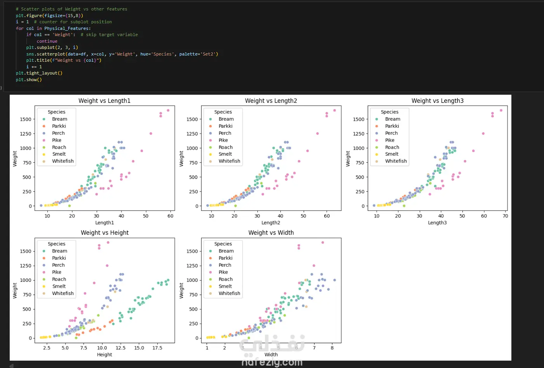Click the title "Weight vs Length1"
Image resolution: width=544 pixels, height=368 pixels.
[x=104, y=101]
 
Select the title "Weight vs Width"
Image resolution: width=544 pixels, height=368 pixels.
[x=271, y=233]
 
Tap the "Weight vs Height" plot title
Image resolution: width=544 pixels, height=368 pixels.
[x=104, y=233]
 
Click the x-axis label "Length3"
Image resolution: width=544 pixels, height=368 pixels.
[x=437, y=223]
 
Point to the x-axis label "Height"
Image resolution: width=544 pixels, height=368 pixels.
[x=104, y=355]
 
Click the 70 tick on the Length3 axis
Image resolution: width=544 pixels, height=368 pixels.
[x=505, y=216]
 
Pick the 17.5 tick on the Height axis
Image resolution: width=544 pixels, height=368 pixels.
[x=157, y=348]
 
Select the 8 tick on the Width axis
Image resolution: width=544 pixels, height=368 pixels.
[x=332, y=348]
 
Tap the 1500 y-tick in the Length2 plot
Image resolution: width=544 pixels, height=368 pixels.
[x=192, y=120]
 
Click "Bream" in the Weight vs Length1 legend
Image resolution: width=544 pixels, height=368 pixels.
[x=59, y=119]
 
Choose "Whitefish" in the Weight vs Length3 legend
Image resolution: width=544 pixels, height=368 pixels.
[x=396, y=161]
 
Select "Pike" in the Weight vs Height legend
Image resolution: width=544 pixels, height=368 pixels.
[x=57, y=272]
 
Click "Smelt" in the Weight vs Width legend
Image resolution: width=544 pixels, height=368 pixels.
[x=225, y=286]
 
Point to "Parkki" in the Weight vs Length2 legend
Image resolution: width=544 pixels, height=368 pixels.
[x=226, y=126]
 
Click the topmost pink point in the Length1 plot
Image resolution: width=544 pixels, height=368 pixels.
[x=168, y=110]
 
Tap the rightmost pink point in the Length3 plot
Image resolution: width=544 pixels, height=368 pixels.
[x=501, y=110]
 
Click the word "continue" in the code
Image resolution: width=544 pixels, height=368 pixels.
[x=47, y=41]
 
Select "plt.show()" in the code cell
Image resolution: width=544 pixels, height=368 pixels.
[x=29, y=80]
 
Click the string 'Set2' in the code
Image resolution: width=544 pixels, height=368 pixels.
[x=210, y=54]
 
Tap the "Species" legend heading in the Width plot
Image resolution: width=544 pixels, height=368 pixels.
[x=223, y=244]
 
